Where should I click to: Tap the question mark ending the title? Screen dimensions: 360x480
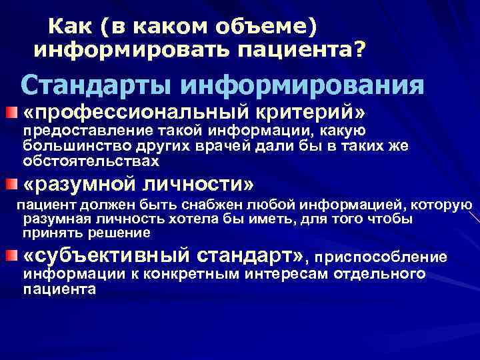(360, 49)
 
